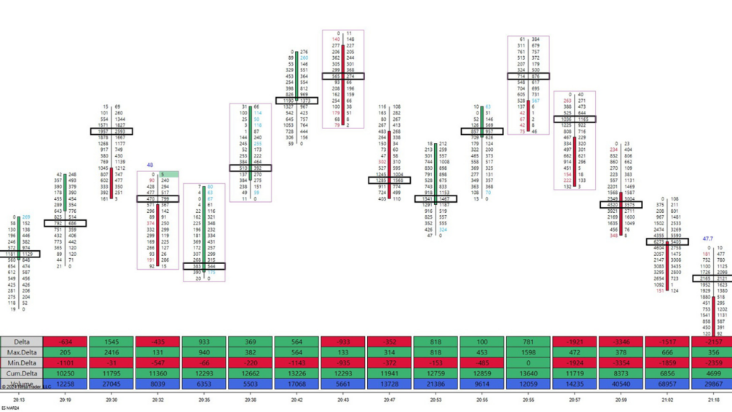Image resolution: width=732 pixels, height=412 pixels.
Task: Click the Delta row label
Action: click(22, 342)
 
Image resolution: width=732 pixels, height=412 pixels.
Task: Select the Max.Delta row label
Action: click(22, 352)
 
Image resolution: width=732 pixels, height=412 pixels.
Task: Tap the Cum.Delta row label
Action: click(22, 373)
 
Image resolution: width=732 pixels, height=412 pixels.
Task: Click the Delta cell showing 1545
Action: click(111, 342)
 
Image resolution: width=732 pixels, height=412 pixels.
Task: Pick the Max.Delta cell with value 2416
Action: click(111, 352)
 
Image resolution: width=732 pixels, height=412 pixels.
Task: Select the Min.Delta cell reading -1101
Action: click(65, 363)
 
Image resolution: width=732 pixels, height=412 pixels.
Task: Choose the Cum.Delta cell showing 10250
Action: click(65, 373)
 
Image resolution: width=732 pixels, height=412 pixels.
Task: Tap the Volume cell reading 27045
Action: click(111, 384)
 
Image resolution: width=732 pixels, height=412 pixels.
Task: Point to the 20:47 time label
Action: click(390, 400)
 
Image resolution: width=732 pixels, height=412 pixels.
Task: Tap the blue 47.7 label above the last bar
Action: click(707, 238)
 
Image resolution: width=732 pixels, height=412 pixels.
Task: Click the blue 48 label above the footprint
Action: click(150, 166)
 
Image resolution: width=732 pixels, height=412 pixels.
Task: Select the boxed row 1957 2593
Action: click(111, 132)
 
